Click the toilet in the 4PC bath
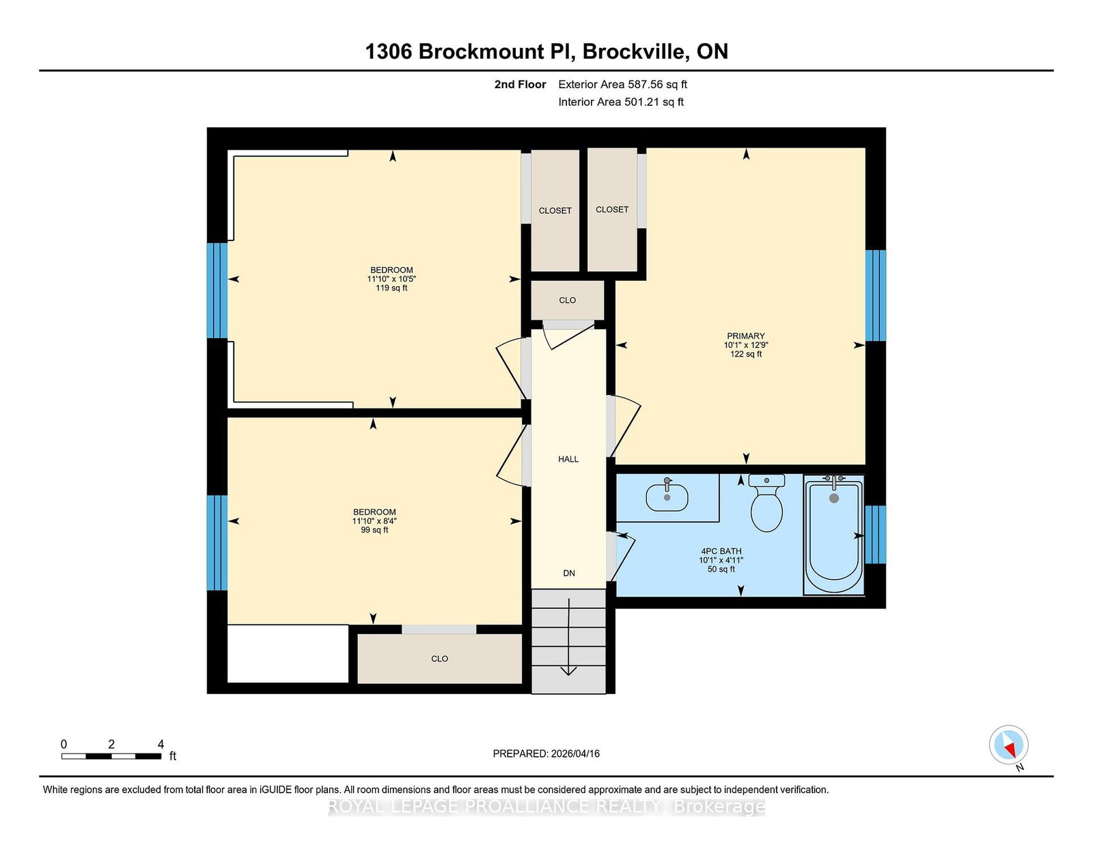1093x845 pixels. click(x=766, y=503)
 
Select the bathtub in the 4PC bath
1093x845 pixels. click(x=834, y=535)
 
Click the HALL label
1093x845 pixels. click(x=568, y=459)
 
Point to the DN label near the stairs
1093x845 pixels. click(x=569, y=573)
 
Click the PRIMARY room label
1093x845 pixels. click(x=745, y=336)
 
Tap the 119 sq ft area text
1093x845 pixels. click(x=391, y=288)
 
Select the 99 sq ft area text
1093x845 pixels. click(x=374, y=530)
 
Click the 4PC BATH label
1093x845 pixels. click(x=721, y=551)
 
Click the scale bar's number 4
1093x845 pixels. click(x=161, y=745)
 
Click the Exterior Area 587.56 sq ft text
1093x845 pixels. click(x=623, y=85)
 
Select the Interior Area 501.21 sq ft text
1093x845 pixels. click(x=621, y=102)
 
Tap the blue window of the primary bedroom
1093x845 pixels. click(x=875, y=296)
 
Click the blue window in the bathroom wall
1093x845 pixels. click(x=875, y=535)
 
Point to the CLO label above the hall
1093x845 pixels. click(x=568, y=301)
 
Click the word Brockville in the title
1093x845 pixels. click(x=636, y=52)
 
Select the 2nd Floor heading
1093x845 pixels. click(x=520, y=85)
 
